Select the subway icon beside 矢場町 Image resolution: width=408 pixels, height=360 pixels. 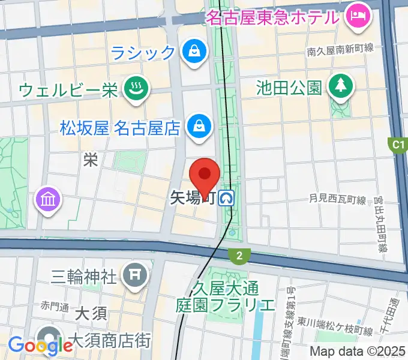click(227, 197)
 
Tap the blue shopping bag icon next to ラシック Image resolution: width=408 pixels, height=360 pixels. click(194, 52)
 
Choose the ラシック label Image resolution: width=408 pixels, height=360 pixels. click(143, 53)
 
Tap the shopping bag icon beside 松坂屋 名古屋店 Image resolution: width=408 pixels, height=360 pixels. click(196, 125)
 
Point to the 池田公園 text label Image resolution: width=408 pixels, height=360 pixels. click(289, 88)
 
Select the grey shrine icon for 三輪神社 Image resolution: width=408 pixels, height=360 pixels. click(132, 275)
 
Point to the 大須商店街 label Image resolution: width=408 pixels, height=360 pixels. click(110, 343)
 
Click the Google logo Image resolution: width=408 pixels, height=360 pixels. click(40, 345)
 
